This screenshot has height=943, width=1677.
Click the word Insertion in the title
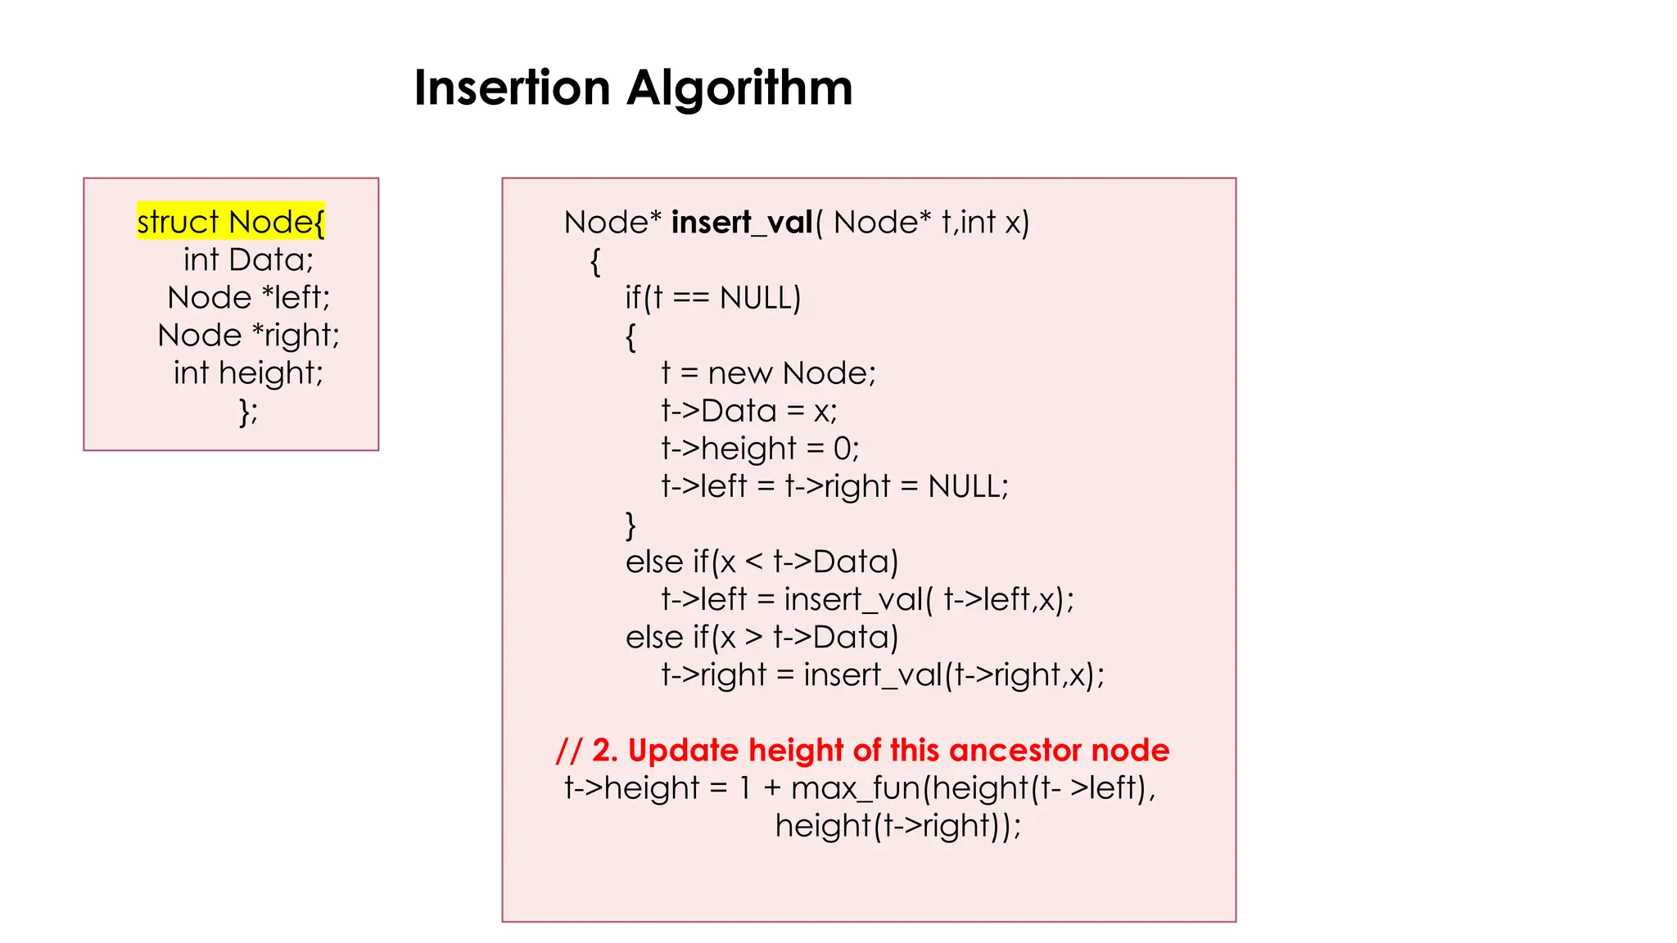[512, 88]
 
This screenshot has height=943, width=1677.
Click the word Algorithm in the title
[739, 88]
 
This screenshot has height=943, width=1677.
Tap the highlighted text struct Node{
[231, 221]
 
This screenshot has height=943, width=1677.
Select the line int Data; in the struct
[248, 259]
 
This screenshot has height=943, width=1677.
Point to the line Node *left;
[248, 297]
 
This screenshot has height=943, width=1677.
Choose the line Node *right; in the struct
[248, 335]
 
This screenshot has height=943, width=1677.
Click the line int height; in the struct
[248, 372]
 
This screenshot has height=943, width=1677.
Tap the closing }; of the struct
[248, 410]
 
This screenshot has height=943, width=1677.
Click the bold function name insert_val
[741, 222]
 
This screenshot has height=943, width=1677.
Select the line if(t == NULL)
[712, 297]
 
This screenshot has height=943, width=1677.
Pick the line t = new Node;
[768, 372]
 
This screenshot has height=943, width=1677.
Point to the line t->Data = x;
[748, 410]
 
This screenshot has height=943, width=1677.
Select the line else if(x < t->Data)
[762, 562]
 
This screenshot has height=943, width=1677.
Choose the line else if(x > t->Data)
[762, 637]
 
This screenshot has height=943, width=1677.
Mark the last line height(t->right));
[898, 825]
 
